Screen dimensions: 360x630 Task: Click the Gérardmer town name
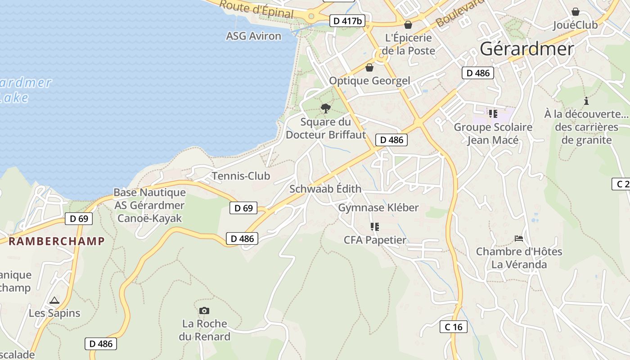coord(527,49)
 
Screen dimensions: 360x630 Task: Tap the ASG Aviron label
coord(253,36)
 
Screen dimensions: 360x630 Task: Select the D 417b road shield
coord(347,21)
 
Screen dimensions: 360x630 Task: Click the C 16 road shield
coord(453,327)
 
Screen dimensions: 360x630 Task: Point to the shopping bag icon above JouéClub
coord(575,12)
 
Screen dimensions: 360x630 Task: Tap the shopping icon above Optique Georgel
coord(369,67)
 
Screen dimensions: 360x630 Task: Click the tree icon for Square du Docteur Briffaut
coord(325,108)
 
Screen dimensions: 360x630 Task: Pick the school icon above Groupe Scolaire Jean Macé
coord(493,113)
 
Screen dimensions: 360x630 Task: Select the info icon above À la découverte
coord(586,101)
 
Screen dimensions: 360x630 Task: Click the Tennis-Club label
coord(241,176)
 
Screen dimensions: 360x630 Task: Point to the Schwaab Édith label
coord(325,189)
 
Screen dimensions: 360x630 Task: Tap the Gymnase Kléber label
coord(378,207)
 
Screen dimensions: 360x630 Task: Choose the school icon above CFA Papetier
coord(374,226)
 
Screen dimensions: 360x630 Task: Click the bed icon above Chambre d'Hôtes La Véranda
coord(519,238)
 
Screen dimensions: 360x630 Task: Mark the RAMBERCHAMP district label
coord(57,241)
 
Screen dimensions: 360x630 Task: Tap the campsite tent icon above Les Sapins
coord(54,300)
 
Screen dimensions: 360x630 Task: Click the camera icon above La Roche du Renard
coord(204,310)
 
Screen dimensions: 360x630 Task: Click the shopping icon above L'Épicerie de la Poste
coord(408,25)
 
